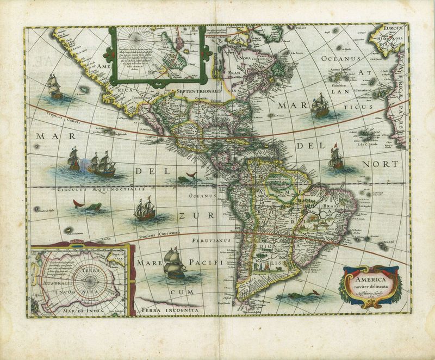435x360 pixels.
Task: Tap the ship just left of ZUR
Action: point(144,210)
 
